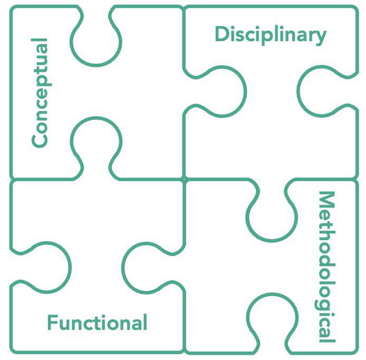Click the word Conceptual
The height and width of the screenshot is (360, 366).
coord(40,92)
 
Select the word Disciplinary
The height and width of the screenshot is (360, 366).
coord(270,35)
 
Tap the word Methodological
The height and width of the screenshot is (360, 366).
coord(326,267)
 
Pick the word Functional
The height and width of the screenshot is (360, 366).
coord(97,323)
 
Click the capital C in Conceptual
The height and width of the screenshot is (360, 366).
coord(40,139)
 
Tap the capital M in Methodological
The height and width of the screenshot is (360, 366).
coord(326,200)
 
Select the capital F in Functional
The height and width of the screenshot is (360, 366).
coord(52,323)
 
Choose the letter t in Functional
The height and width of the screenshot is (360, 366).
coord(99,323)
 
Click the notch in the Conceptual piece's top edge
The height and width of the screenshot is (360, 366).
coord(96,40)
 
